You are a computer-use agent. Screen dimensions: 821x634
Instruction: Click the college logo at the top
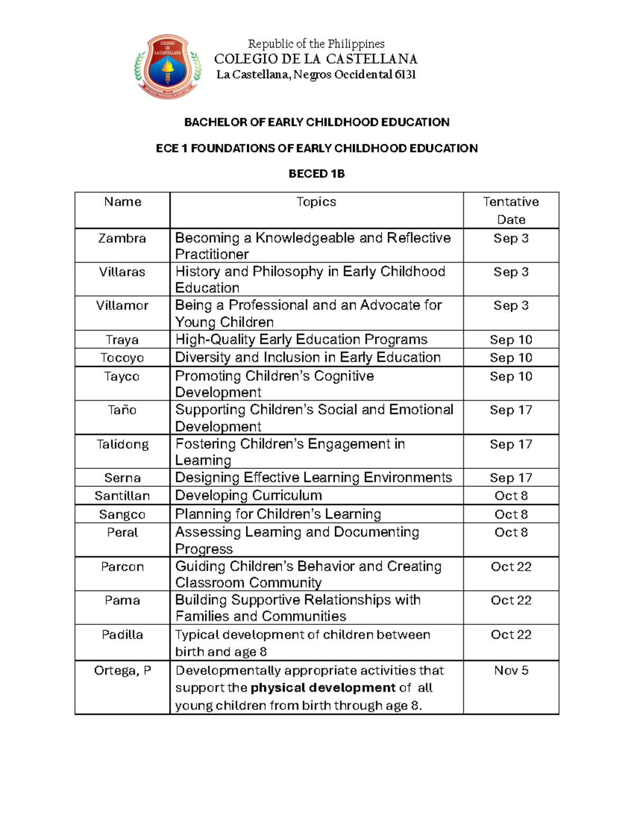[167, 67]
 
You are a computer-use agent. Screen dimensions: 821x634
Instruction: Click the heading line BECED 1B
[316, 174]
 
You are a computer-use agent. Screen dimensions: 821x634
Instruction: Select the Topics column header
[316, 202]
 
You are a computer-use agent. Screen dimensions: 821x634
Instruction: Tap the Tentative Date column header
[511, 210]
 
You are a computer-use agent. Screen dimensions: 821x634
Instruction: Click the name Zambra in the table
[122, 238]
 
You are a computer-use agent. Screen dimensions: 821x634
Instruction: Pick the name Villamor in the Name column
[122, 306]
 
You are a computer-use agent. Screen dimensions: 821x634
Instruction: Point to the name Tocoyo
[122, 358]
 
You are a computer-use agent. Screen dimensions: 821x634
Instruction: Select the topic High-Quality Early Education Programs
[301, 339]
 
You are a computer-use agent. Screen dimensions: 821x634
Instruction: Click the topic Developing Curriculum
[248, 495]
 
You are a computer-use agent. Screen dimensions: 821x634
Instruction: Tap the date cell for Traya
[511, 340]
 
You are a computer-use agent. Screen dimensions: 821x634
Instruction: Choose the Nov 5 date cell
[511, 670]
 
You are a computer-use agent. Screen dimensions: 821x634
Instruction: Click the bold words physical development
[323, 688]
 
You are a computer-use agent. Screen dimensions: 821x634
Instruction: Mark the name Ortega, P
[122, 670]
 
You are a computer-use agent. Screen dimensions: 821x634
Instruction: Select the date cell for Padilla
[511, 634]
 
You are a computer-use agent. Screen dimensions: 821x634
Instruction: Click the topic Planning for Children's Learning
[278, 514]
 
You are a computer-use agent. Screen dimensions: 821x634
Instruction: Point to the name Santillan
[122, 496]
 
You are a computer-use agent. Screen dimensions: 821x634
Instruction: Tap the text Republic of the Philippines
[316, 44]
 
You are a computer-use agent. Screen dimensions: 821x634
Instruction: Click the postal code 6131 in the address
[405, 75]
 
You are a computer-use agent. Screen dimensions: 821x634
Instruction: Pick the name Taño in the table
[122, 410]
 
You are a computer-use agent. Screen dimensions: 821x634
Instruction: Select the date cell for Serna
[511, 478]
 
